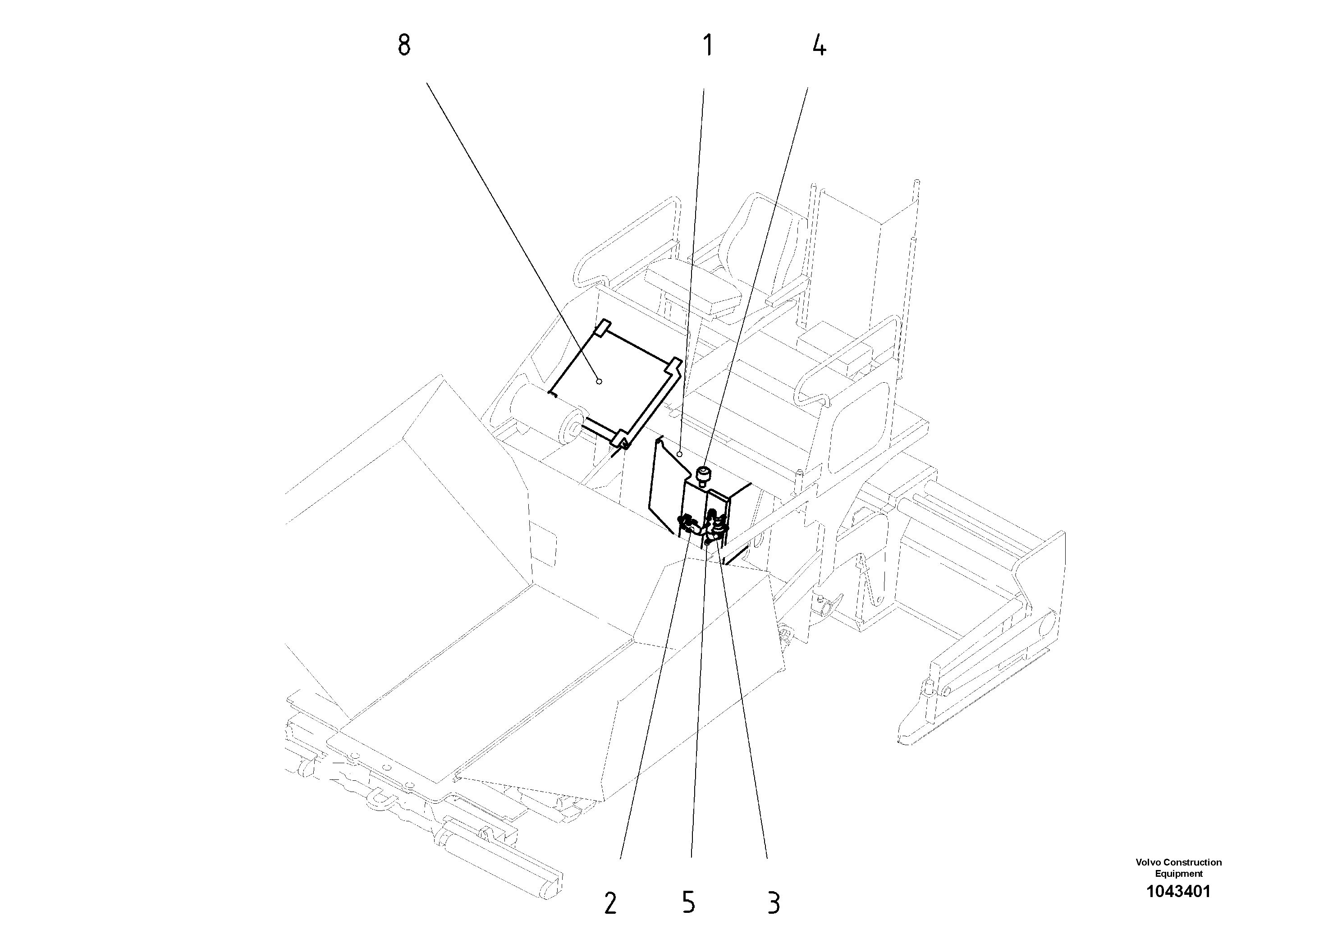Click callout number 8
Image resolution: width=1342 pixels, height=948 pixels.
(404, 46)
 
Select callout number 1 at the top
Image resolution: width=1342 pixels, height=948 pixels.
(708, 46)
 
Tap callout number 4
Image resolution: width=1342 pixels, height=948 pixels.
(819, 46)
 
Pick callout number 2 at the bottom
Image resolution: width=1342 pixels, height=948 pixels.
(610, 903)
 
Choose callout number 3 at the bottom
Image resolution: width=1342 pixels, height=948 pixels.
(773, 903)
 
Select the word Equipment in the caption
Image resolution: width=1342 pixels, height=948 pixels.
(1178, 874)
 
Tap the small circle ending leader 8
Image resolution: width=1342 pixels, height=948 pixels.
(599, 381)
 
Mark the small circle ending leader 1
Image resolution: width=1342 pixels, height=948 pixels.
(679, 454)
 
